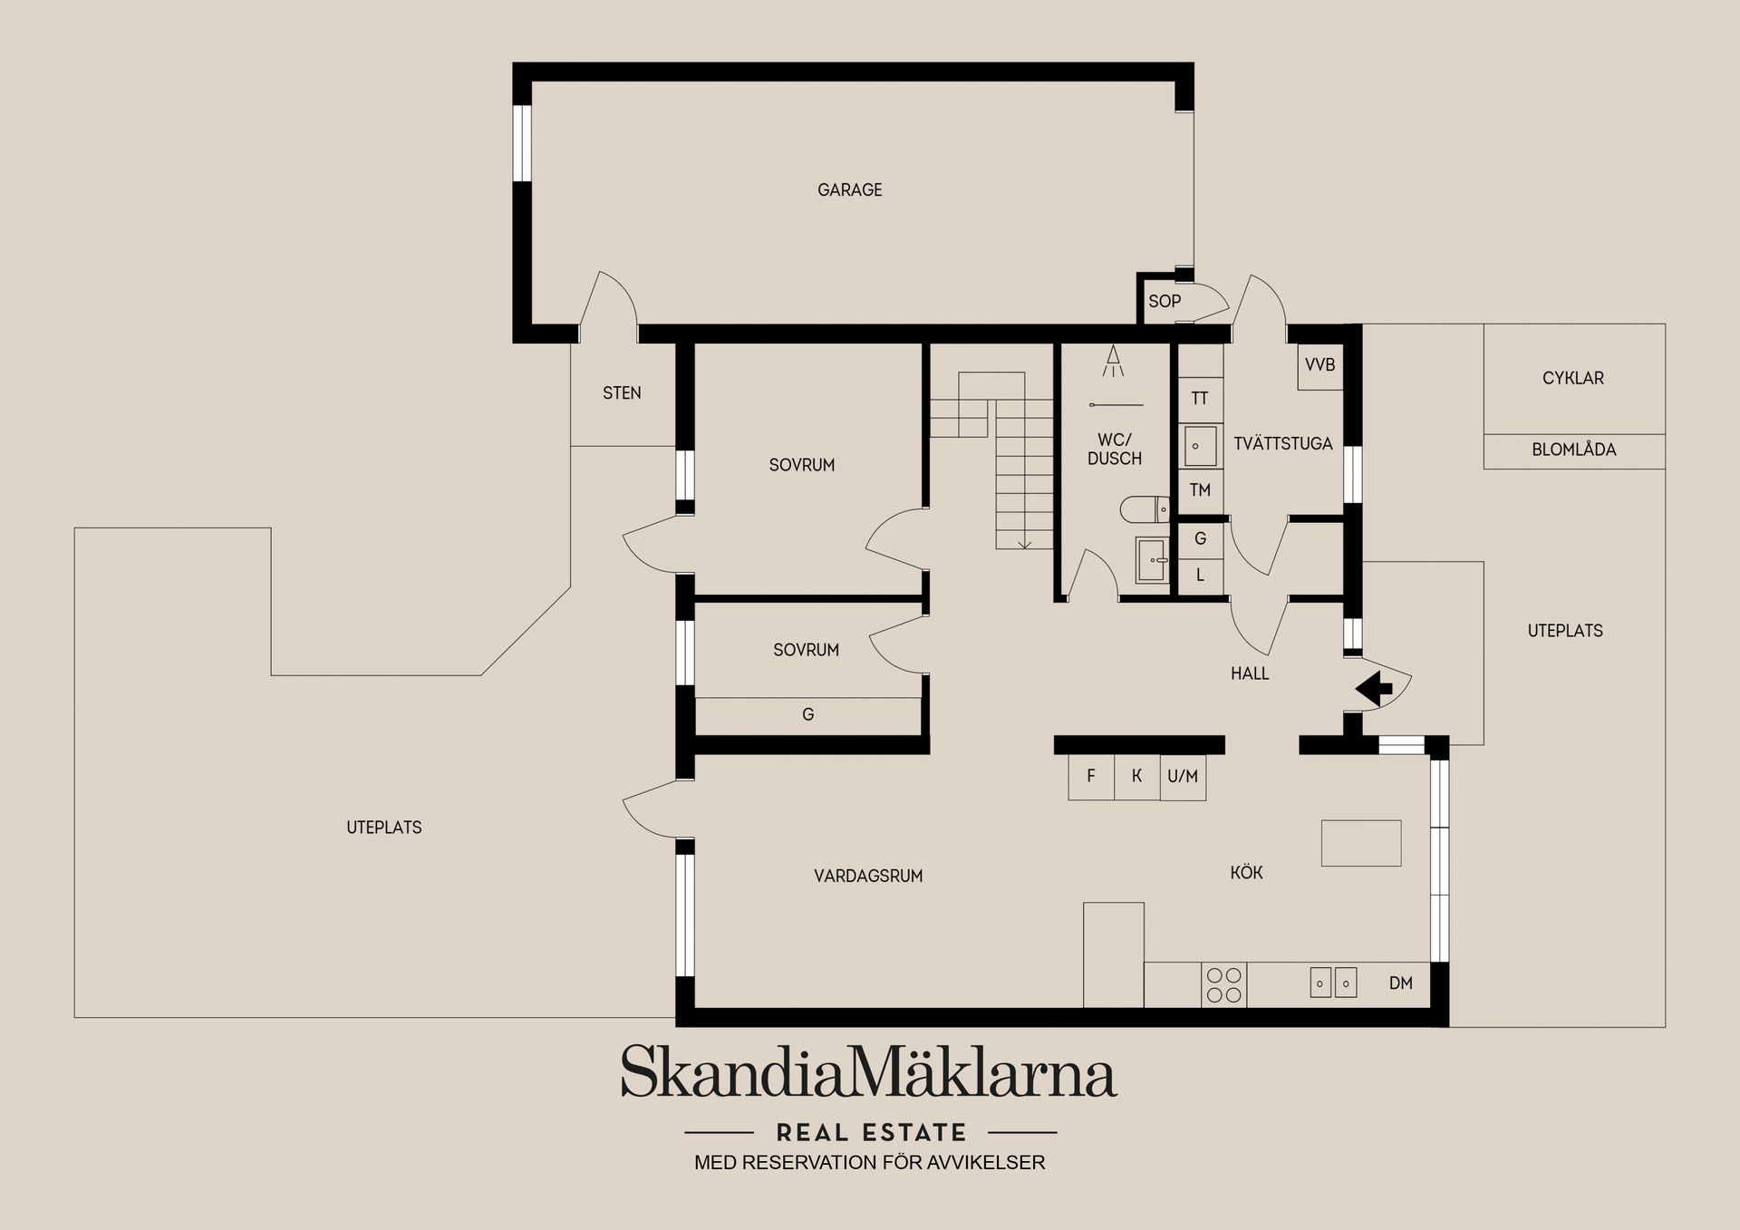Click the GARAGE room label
click(849, 190)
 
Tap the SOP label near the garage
click(1165, 301)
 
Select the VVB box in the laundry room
click(1319, 366)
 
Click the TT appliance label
click(1200, 399)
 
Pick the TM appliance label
click(1200, 490)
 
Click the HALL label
click(1250, 673)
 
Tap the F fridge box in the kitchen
click(1091, 778)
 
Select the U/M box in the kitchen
click(1183, 778)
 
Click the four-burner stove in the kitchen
click(1224, 985)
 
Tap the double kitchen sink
click(1334, 983)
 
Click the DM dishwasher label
click(1401, 983)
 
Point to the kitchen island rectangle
click(1361, 843)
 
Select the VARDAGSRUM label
click(868, 876)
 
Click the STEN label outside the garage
click(622, 393)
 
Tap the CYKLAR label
click(1573, 379)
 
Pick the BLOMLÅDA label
click(1574, 450)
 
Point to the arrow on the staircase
click(1025, 543)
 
